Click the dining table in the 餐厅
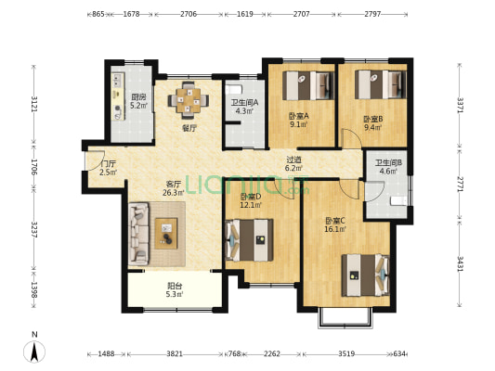[189, 100]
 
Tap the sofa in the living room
[138, 234]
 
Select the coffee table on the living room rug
[166, 234]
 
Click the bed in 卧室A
[308, 85]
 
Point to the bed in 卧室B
[381, 84]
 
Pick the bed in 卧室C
[366, 275]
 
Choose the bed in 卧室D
[250, 240]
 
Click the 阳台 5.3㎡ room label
[175, 290]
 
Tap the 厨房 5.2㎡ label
[139, 101]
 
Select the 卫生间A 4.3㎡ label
[244, 107]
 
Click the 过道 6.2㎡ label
[293, 164]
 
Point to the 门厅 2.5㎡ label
[109, 168]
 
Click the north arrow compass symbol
[34, 348]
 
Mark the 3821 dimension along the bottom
[175, 354]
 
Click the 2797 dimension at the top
[372, 14]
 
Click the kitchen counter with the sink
[118, 96]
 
